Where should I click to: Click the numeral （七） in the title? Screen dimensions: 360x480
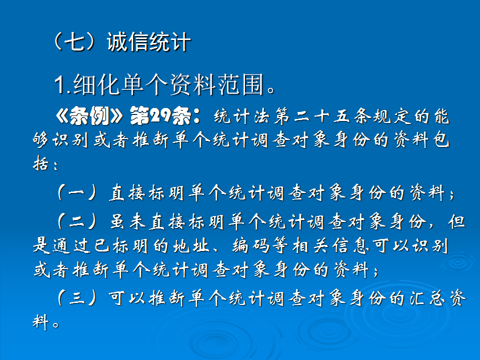[75, 42]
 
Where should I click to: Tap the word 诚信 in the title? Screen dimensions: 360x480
[127, 42]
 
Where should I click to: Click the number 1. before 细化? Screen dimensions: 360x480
[62, 86]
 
